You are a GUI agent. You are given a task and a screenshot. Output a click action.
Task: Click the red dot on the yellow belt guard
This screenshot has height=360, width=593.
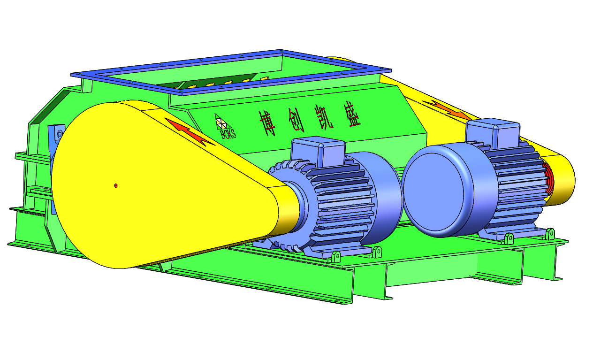pyautogui.click(x=116, y=186)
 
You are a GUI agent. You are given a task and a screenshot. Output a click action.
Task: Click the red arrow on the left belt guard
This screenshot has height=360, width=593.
pyautogui.click(x=189, y=131)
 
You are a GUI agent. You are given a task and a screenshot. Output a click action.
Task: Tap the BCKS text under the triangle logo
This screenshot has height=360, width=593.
pyautogui.click(x=228, y=134)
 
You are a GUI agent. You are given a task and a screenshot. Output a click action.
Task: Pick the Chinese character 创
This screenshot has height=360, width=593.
pyautogui.click(x=296, y=120)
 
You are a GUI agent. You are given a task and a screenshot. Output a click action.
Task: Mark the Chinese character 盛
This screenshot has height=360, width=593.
pyautogui.click(x=352, y=114)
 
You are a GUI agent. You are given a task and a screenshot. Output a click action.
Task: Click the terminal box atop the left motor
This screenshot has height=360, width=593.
pyautogui.click(x=318, y=150)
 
